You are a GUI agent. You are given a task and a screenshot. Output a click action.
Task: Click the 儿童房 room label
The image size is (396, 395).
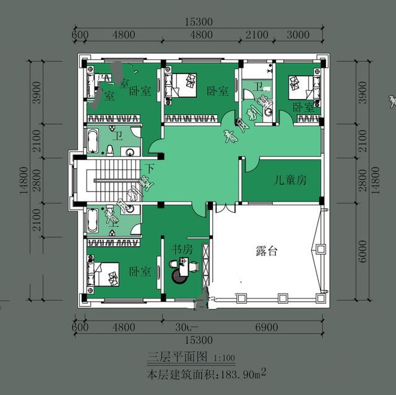point(290,181)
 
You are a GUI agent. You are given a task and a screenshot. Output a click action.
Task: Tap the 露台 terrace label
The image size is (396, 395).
point(267,252)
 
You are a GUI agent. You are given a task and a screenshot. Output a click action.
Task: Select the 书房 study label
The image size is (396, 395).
point(182,249)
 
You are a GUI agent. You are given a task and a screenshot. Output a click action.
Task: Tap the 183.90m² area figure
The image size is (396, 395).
point(242,374)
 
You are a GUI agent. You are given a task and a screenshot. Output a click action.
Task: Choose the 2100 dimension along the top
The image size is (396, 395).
point(257,35)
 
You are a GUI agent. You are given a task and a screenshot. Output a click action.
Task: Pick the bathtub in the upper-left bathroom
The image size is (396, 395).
point(92,142)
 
